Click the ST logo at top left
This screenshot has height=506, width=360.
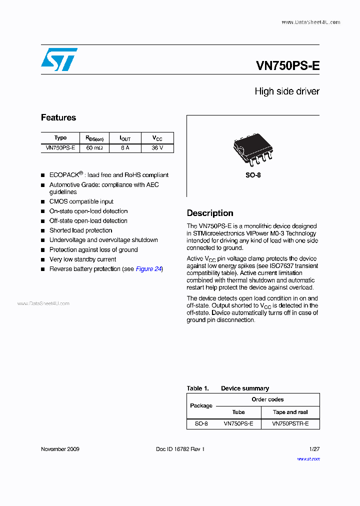coord(59,59)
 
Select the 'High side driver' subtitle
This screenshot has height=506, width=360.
coord(286,91)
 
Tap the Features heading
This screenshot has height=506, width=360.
coord(58,118)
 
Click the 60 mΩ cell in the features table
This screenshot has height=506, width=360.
coord(94,148)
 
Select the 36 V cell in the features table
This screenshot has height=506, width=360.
coord(157,148)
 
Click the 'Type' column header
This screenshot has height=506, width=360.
coord(60,138)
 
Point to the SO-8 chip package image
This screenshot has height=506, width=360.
coord(252,148)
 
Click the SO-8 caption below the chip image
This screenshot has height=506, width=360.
coord(253,175)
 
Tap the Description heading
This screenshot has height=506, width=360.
coord(210,213)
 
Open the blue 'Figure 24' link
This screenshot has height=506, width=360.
coord(148,269)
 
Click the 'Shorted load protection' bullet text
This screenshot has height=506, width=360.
coord(80,230)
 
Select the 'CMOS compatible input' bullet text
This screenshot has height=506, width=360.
coord(81,201)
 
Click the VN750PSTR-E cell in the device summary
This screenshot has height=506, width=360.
coord(290,423)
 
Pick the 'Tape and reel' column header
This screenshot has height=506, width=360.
coord(290,412)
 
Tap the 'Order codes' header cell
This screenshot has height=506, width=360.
coord(267,399)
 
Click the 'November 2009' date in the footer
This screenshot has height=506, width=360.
coord(60,449)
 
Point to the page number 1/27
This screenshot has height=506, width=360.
coord(314,449)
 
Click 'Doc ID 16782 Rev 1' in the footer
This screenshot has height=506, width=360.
coord(180,449)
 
